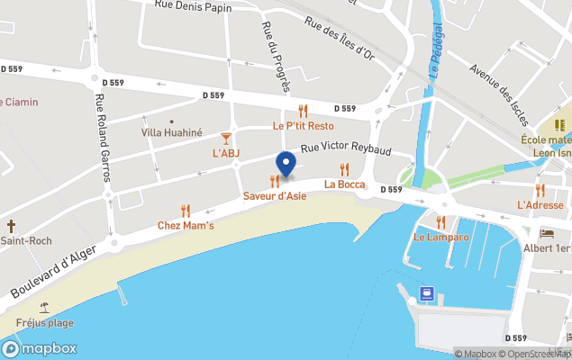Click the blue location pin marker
coord(286,165)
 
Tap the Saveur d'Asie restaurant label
coord(275,195)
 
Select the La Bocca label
coord(345,184)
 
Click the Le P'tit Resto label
coord(303,125)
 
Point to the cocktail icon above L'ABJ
coord(225,138)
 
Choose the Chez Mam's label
coord(186,225)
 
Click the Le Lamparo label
coord(441,237)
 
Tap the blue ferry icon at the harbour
coord(426,293)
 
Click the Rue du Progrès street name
coord(274,56)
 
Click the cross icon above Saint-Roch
coord(12,226)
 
